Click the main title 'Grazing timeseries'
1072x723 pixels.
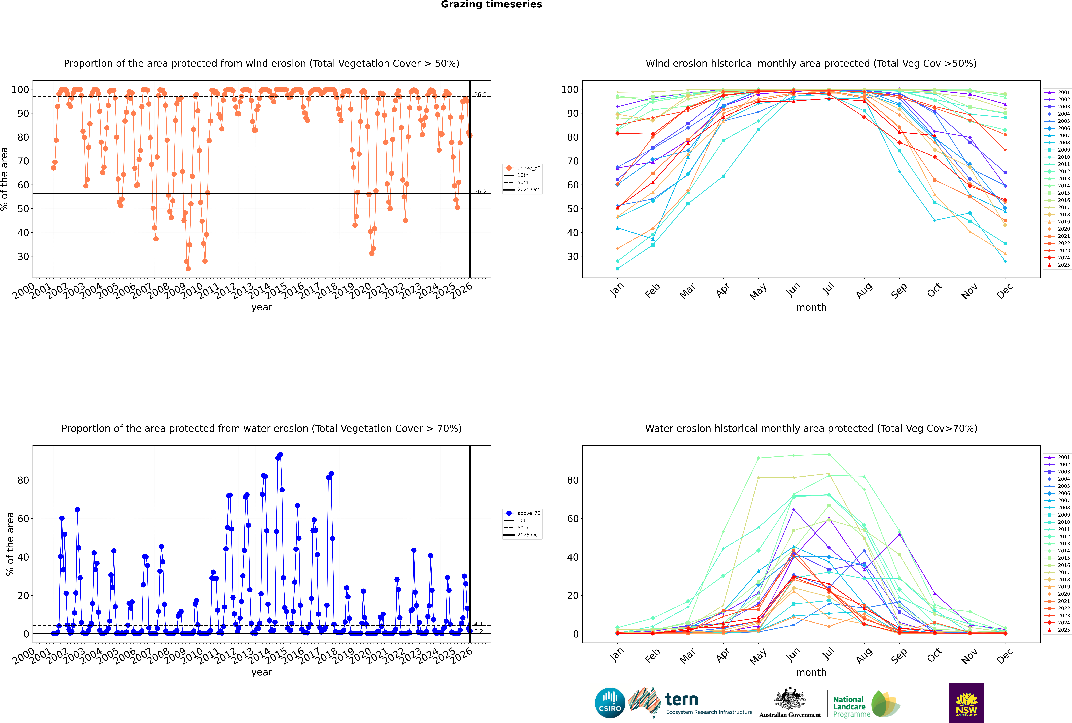coord(491,5)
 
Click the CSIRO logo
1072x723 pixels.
coord(610,703)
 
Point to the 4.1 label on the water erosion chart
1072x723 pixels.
coord(478,624)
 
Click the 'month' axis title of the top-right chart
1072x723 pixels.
coord(811,308)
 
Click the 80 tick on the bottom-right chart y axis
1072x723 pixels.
coord(573,480)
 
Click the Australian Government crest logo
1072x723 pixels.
coord(790,702)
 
